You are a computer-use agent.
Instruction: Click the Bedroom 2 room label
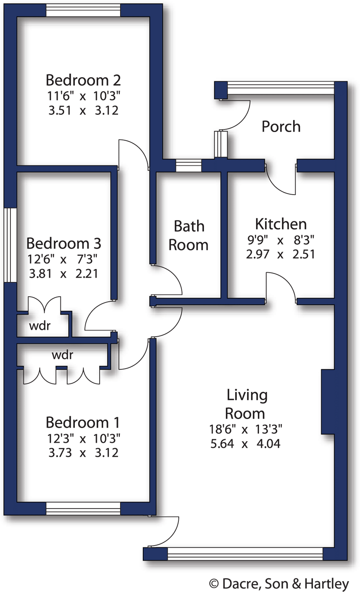click(83, 79)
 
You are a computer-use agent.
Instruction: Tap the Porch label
click(281, 126)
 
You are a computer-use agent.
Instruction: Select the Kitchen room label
click(281, 224)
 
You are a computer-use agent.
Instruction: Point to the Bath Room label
click(189, 235)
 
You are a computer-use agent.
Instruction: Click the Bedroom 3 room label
click(63, 243)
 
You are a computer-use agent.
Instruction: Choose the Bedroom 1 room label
click(83, 422)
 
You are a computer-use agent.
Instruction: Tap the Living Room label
click(246, 404)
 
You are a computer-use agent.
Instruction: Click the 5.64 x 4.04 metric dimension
click(246, 443)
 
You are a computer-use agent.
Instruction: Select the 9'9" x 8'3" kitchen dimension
click(280, 240)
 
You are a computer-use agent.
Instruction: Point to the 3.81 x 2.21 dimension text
click(63, 274)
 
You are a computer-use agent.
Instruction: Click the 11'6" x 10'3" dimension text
click(83, 96)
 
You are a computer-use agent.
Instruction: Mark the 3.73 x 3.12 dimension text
click(83, 452)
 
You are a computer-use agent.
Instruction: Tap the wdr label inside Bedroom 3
click(40, 326)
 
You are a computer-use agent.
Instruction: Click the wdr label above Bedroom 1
click(62, 355)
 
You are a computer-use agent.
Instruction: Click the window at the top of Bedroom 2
click(83, 10)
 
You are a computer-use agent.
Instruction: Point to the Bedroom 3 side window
click(10, 245)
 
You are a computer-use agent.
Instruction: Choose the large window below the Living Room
click(245, 554)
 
